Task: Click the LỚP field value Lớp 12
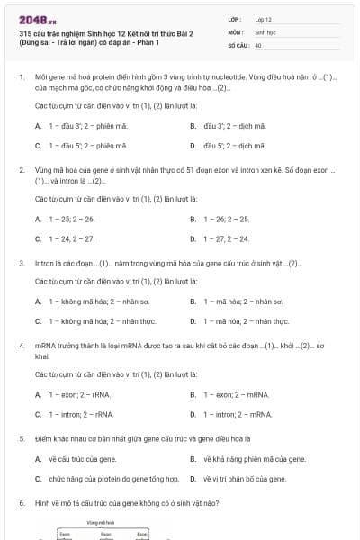(263, 19)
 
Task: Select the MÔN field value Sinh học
(264, 31)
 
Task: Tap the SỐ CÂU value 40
(258, 44)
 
